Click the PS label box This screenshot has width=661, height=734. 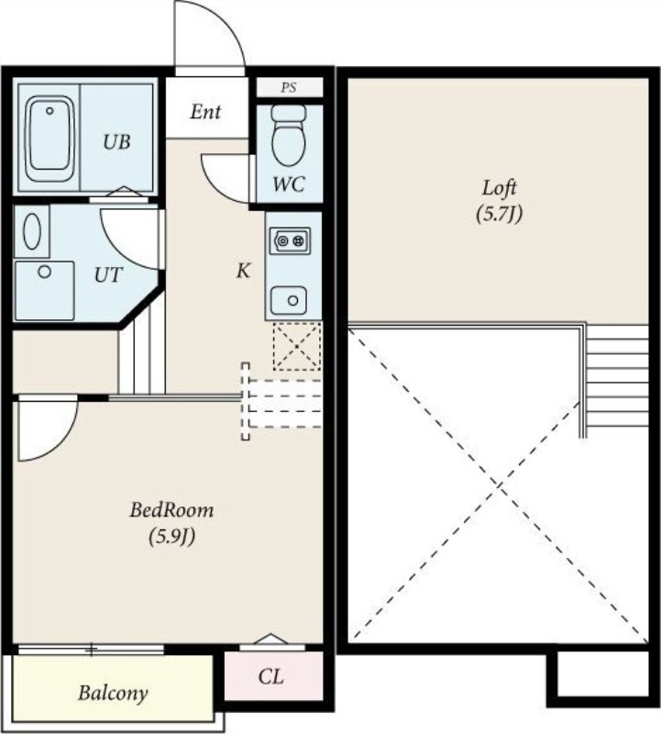[x=290, y=87]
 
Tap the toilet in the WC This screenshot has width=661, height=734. [x=289, y=135]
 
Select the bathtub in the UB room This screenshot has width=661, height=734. [x=50, y=139]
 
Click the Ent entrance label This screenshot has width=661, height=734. [x=205, y=112]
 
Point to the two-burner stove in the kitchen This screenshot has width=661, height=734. [x=290, y=241]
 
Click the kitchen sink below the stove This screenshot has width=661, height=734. [x=289, y=300]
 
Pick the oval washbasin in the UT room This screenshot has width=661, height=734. [x=32, y=231]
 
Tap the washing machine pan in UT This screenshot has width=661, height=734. [x=44, y=291]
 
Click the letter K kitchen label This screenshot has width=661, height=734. [x=243, y=271]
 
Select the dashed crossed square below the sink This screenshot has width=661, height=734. [x=297, y=347]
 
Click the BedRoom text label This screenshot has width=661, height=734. [x=171, y=510]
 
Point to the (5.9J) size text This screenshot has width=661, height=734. [x=171, y=537]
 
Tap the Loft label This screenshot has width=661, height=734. [x=499, y=188]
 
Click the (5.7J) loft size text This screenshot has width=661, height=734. [x=499, y=215]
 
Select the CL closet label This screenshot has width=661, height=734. [x=270, y=676]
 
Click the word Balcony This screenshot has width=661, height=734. [x=113, y=694]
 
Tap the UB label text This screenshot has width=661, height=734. [x=116, y=141]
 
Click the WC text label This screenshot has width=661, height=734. [x=289, y=184]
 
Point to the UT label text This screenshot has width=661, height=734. [x=108, y=274]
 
